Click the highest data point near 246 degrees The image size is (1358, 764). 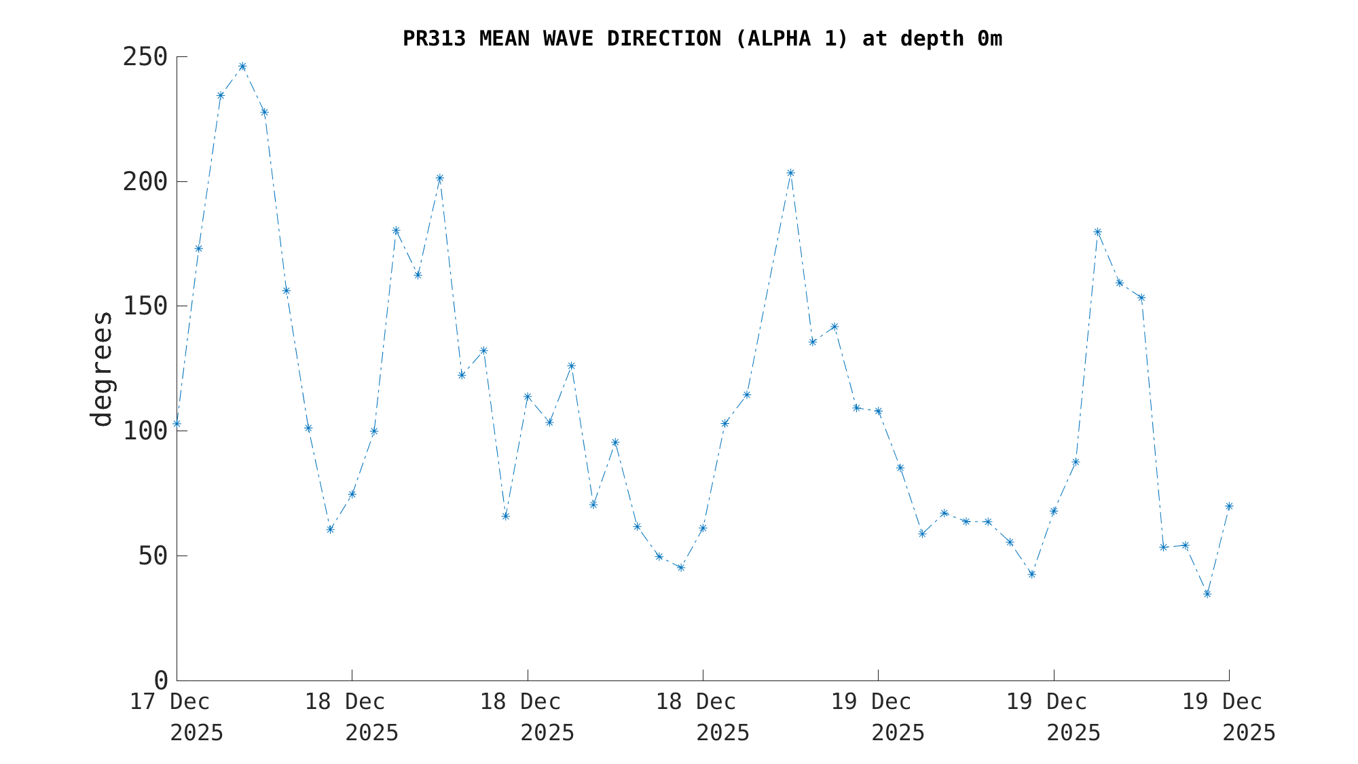click(x=242, y=67)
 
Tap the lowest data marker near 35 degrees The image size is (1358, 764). click(x=1207, y=594)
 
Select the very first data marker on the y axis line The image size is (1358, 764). click(x=177, y=424)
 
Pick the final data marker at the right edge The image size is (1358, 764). click(x=1229, y=506)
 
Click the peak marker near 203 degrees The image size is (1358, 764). click(x=790, y=172)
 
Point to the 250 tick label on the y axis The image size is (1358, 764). click(x=145, y=57)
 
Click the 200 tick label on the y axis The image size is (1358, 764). click(x=145, y=181)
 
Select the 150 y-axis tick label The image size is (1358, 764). click(x=145, y=306)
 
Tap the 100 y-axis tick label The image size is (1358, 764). click(x=145, y=431)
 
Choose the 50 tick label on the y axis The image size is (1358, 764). click(x=152, y=556)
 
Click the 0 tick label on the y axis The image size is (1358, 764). click(x=161, y=680)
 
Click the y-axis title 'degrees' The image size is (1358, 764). click(x=102, y=369)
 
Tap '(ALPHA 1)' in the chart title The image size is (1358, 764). click(x=791, y=39)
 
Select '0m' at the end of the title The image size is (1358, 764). click(x=989, y=39)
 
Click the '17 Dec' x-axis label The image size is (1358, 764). click(x=170, y=702)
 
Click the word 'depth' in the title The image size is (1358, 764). click(x=932, y=39)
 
